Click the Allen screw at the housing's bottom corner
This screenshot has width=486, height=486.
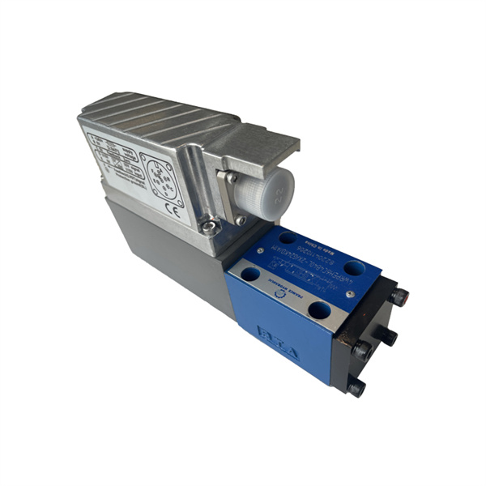208,229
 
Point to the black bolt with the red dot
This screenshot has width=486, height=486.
399,296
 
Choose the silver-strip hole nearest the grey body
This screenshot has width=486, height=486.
249,275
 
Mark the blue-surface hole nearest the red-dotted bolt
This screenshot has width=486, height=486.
353,268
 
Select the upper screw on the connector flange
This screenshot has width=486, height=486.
232,177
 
